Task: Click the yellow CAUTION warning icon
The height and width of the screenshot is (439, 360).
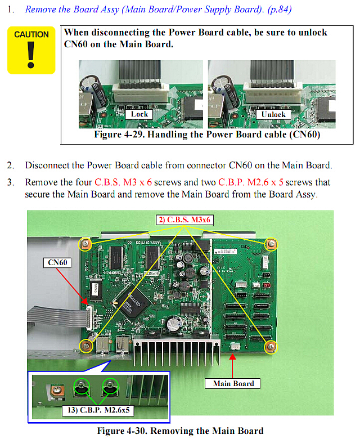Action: coord(31,51)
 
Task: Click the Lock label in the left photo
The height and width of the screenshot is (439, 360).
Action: coord(139,114)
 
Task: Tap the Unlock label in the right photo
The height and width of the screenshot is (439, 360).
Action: coord(273,114)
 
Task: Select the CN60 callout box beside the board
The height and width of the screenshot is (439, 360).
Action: coord(57,263)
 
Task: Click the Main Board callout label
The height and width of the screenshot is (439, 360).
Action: coord(233,384)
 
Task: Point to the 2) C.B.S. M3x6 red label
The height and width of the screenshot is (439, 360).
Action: coord(184,219)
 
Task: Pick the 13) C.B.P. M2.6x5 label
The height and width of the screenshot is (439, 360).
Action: coord(98,410)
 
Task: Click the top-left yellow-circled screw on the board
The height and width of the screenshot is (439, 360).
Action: coord(85,244)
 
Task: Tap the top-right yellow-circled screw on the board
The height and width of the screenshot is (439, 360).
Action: coord(271,244)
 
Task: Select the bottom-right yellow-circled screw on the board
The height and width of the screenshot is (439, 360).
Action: coord(271,347)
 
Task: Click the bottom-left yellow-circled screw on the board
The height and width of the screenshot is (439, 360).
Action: coord(86,346)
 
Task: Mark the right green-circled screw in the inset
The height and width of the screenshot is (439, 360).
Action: coord(110,386)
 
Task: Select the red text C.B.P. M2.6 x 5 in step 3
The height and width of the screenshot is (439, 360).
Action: coord(251,182)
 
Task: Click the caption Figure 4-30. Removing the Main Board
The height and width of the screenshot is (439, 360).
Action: coord(180,431)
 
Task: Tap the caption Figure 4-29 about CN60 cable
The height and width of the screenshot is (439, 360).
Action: coord(207,135)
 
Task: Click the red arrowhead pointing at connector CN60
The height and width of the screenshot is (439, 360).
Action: coord(84,301)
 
